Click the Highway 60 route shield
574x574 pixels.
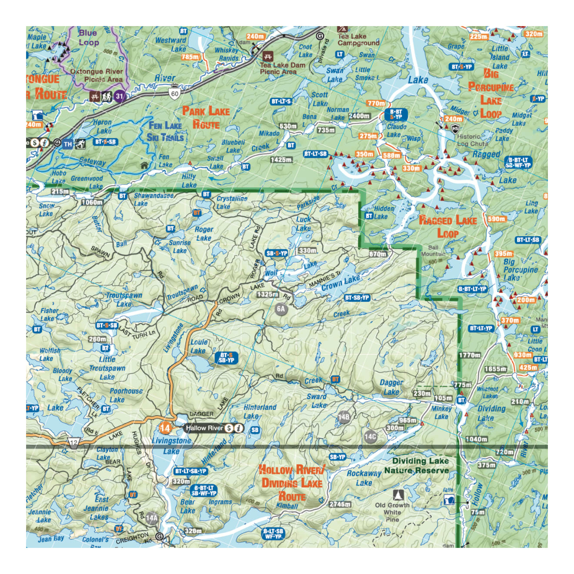[174, 93]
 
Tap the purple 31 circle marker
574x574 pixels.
[120, 96]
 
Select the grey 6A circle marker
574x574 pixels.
[281, 309]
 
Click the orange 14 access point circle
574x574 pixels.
[165, 428]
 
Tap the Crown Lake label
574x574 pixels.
[340, 283]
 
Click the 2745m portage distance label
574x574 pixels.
[340, 504]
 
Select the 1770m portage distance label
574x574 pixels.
[470, 355]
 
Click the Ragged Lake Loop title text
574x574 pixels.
[447, 227]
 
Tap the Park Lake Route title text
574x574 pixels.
[206, 117]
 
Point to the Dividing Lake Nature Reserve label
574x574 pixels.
[416, 466]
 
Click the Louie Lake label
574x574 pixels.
[199, 346]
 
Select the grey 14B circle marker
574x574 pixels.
[344, 417]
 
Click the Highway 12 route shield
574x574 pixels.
[74, 443]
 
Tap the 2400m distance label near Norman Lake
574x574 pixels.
[359, 116]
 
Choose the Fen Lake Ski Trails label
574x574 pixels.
[166, 131]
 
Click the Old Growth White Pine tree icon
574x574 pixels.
[398, 495]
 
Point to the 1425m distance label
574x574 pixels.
[280, 160]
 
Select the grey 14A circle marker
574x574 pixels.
[151, 518]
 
